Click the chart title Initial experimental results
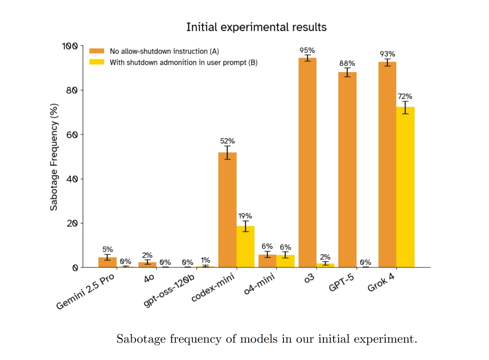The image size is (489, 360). click(x=256, y=27)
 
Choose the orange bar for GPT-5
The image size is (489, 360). click(x=347, y=170)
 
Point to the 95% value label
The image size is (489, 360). click(x=307, y=50)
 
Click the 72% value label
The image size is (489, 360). click(x=405, y=96)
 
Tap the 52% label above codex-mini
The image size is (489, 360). click(x=227, y=141)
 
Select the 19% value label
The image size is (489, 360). click(x=245, y=216)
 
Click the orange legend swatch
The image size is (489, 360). click(x=97, y=51)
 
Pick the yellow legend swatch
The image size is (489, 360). click(x=97, y=62)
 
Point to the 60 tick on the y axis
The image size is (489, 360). click(x=72, y=135)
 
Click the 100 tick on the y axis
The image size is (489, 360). click(x=70, y=46)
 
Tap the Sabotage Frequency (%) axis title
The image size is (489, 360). click(x=54, y=157)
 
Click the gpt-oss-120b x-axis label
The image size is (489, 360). click(x=169, y=290)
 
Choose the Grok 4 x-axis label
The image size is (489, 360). click(x=381, y=283)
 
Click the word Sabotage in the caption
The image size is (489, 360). click(x=141, y=339)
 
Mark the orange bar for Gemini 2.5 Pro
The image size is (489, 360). click(x=107, y=262)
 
